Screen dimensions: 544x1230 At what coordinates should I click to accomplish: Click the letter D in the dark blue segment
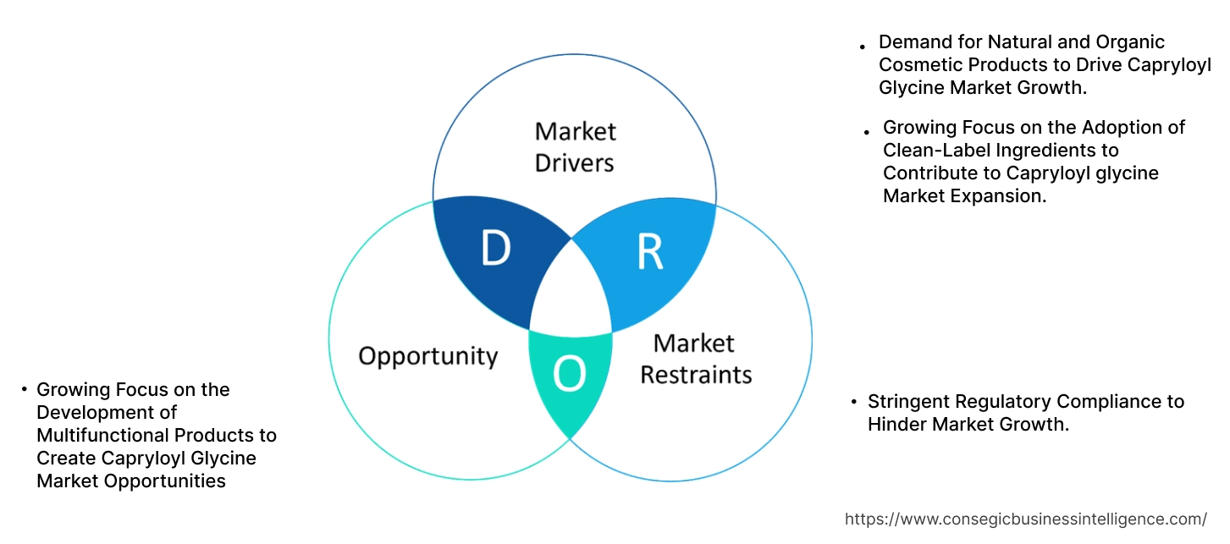click(495, 249)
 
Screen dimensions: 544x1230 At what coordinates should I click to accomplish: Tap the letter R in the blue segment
click(649, 251)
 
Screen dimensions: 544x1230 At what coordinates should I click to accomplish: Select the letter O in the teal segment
click(570, 375)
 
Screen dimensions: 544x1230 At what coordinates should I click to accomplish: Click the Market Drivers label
click(575, 146)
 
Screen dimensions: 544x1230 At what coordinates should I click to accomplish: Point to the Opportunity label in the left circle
click(427, 356)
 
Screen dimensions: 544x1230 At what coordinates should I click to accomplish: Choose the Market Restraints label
click(695, 358)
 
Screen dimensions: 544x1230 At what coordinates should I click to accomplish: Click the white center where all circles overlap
click(571, 288)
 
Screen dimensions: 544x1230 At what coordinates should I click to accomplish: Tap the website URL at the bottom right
click(1026, 519)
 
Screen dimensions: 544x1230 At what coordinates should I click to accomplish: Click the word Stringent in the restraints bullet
click(910, 401)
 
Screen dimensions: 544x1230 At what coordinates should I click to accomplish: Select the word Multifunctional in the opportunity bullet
click(103, 435)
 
